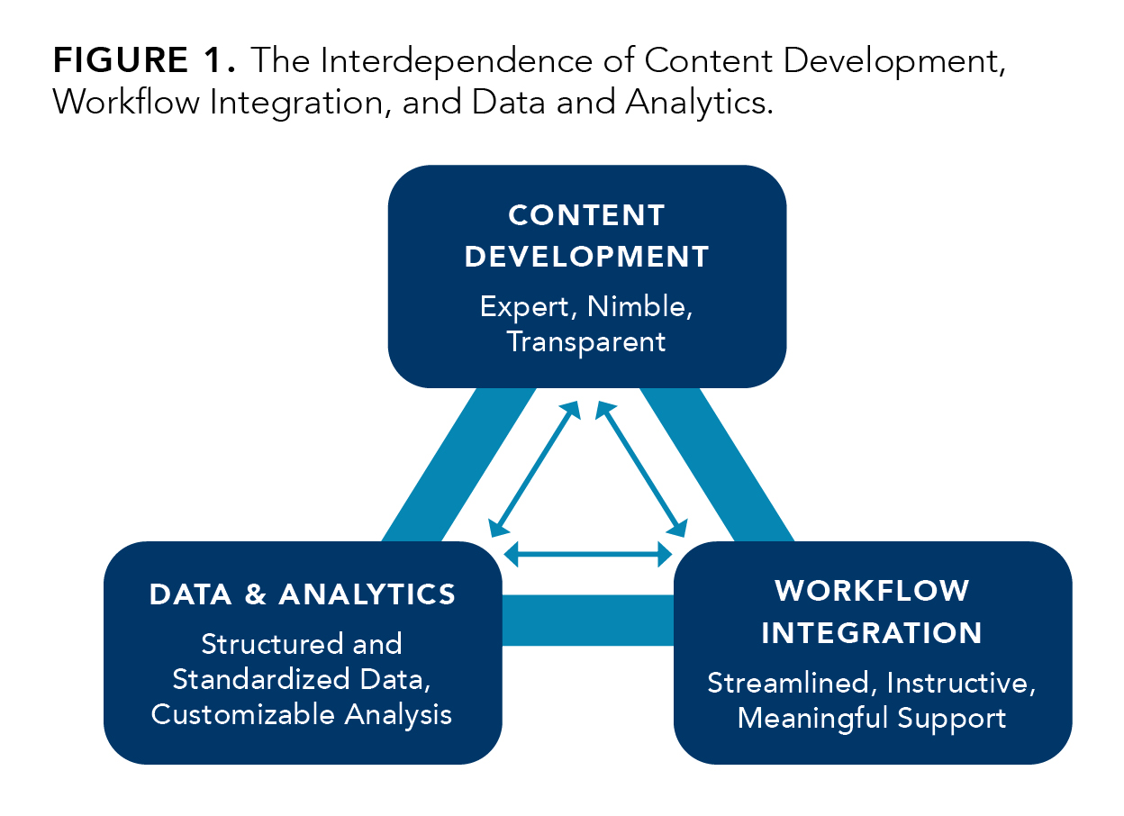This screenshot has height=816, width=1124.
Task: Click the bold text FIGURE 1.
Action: (x=143, y=60)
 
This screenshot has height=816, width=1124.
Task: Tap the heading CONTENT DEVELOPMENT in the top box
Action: (x=586, y=236)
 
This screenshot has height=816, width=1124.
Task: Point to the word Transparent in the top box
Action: (x=586, y=342)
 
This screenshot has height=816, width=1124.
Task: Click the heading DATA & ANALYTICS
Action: (x=303, y=594)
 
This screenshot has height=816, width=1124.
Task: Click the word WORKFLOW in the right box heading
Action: (x=872, y=591)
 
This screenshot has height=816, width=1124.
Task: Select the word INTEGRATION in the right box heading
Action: (x=872, y=632)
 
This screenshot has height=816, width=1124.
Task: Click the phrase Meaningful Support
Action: (x=872, y=719)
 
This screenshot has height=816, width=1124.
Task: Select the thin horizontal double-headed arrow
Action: (x=589, y=553)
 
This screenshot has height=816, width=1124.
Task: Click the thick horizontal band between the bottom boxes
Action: (x=587, y=621)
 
